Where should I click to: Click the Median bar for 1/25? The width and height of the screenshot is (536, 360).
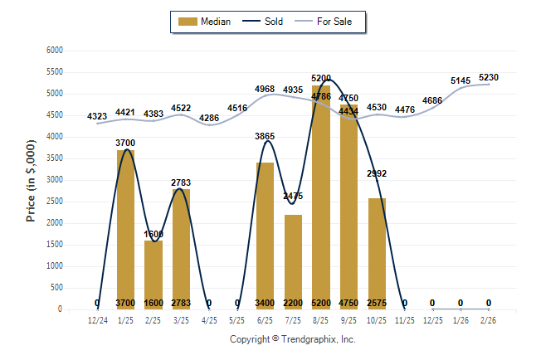point(125,229)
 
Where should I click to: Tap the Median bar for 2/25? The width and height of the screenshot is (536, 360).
point(153,275)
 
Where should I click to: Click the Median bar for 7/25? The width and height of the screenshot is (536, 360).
point(293,261)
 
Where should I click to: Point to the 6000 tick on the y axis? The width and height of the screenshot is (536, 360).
point(55,51)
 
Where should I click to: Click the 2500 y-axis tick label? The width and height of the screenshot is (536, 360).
point(55,202)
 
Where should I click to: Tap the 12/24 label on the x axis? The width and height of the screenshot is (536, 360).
point(97,319)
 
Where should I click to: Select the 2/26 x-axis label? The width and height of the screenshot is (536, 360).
point(489,319)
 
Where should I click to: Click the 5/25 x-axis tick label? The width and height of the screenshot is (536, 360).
point(237,319)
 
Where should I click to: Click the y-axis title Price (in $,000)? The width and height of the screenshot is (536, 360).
point(31,179)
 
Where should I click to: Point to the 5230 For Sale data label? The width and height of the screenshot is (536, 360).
point(489,73)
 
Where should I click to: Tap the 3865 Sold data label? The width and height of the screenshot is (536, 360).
point(265,135)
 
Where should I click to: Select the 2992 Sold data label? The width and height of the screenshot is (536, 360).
point(377,173)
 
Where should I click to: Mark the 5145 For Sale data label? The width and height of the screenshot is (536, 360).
point(460,80)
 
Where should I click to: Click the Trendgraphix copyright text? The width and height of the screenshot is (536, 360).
point(292,339)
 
